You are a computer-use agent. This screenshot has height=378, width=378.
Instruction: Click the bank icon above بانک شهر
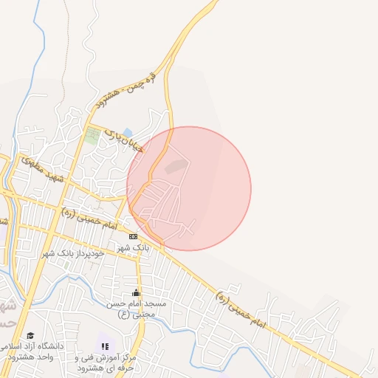click(133, 236)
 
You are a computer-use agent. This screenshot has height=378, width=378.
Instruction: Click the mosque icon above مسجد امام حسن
click(136, 293)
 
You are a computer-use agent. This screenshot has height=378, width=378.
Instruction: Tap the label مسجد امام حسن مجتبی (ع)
click(140, 309)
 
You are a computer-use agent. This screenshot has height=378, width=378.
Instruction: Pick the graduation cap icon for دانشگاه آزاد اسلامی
click(30, 335)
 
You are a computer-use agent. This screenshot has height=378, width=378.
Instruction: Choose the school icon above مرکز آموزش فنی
click(104, 346)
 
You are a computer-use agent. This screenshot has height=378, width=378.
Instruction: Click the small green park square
click(92, 136)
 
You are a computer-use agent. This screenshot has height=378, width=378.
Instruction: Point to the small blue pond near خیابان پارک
click(128, 133)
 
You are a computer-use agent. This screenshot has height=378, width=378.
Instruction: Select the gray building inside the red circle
click(175, 167)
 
